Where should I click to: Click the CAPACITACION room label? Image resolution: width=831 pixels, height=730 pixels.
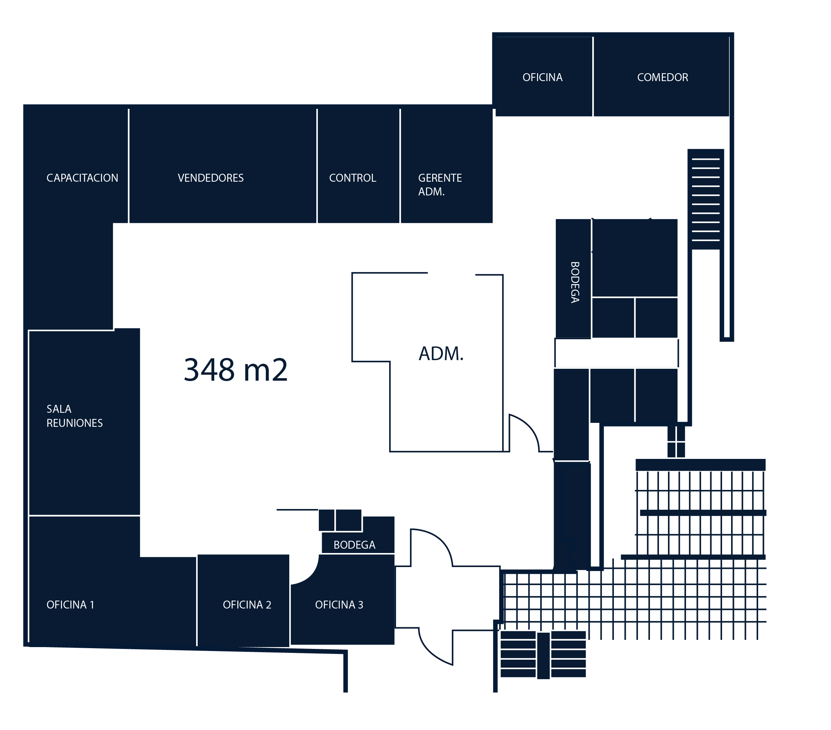(82, 178)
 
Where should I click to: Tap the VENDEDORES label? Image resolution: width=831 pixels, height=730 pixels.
(211, 178)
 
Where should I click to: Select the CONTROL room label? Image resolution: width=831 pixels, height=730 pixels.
(352, 178)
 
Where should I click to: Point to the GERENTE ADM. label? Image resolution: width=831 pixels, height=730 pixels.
(440, 185)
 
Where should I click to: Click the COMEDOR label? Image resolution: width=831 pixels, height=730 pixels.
(662, 77)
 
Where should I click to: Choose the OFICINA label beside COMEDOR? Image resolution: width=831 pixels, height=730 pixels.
(542, 77)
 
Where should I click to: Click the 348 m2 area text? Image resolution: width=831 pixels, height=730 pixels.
(236, 370)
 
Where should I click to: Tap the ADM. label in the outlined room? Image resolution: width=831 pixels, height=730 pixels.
(441, 354)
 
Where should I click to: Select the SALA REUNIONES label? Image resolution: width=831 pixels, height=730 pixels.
(74, 416)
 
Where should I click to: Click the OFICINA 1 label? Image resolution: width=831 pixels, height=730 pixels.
(70, 605)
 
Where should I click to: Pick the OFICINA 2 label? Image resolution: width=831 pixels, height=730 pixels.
(247, 605)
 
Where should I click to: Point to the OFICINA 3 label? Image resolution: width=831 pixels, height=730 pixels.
(339, 605)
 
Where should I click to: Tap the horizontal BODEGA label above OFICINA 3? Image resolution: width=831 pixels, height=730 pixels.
(354, 545)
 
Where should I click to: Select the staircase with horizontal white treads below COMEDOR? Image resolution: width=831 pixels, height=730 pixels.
(705, 199)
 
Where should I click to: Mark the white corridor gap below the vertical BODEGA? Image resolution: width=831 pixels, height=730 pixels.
(616, 353)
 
